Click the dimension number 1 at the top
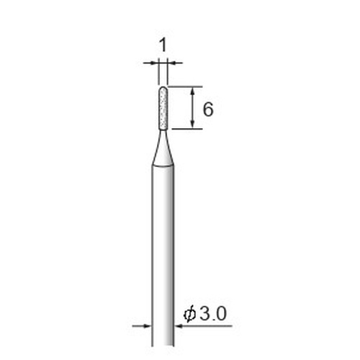[163, 45]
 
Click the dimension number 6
[208, 109]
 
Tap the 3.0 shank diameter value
[212, 314]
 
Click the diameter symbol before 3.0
[189, 315]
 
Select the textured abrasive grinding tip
[163, 108]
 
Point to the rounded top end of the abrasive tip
[163, 87]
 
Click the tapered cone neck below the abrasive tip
[163, 148]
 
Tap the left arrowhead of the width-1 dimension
[155, 63]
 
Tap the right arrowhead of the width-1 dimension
[171, 63]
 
